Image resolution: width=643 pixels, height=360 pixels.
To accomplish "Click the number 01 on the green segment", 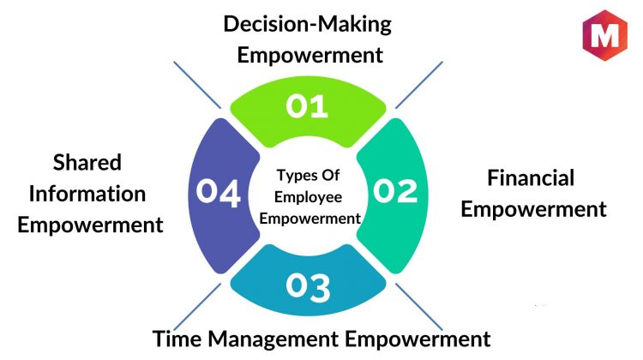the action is [x=307, y=106].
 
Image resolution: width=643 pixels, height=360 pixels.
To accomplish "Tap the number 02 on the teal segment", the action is [x=395, y=191].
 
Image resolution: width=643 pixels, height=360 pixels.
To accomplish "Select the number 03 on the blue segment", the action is [x=308, y=287].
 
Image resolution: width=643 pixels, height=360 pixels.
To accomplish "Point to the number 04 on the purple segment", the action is [x=218, y=193].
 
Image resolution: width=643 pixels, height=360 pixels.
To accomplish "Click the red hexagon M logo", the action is [x=605, y=36].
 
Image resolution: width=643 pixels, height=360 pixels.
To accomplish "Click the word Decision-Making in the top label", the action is [x=308, y=25].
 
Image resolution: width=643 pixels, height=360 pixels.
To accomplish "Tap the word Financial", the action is [x=531, y=178].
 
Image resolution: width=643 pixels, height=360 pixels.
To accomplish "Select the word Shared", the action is [x=87, y=162].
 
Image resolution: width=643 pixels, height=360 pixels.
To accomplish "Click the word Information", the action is [x=87, y=194].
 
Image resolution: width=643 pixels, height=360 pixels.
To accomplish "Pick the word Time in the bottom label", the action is [x=177, y=339].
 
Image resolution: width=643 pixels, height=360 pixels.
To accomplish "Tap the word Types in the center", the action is [x=294, y=176].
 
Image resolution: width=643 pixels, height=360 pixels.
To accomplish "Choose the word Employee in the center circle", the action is [x=308, y=198].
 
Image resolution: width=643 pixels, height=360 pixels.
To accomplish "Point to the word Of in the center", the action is [x=330, y=175].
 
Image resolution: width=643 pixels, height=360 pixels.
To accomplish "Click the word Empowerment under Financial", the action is [x=533, y=210].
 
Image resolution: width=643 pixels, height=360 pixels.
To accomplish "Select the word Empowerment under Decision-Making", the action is [x=310, y=56].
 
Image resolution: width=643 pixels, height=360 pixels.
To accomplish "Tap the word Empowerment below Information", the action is [x=90, y=225].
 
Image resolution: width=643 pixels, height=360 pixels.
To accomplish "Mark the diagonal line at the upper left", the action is [x=197, y=85].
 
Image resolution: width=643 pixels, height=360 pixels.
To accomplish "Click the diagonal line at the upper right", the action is [x=419, y=85].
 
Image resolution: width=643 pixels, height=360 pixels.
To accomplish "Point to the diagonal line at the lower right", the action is [x=419, y=306].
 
